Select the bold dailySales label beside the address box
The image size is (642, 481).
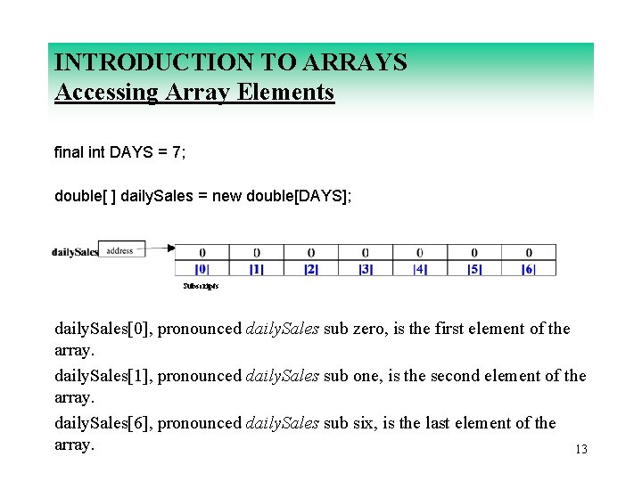pos(74,252)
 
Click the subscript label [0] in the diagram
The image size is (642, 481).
pos(202,268)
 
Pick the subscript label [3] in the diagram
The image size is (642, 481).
pos(366,268)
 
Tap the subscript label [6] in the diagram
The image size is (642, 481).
pos(529,268)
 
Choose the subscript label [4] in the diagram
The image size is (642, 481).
pos(420,268)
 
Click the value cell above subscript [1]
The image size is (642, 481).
pos(257,253)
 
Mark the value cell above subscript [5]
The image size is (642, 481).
pos(474,253)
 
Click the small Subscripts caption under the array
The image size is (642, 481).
pos(201,286)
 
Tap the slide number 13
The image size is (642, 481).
pos(581,450)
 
